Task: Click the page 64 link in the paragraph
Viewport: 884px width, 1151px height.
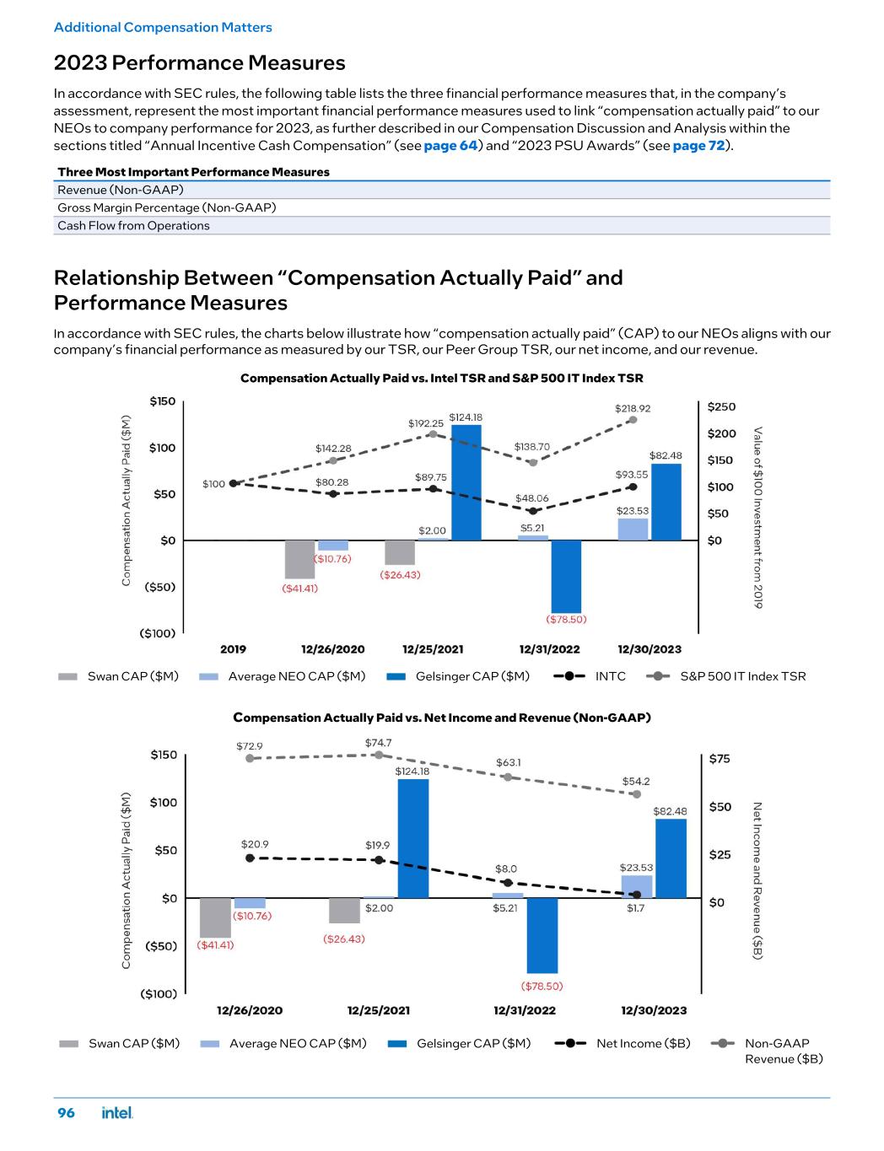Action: pyautogui.click(x=450, y=145)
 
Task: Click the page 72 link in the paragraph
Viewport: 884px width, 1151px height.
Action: pyautogui.click(x=699, y=145)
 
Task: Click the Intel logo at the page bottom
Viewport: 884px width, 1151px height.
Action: pyautogui.click(x=117, y=1113)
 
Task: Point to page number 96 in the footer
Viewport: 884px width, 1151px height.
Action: pyautogui.click(x=66, y=1113)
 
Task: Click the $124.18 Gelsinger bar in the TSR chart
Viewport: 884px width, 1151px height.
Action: pyautogui.click(x=466, y=482)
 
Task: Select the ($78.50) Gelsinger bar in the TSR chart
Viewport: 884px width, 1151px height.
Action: pyautogui.click(x=566, y=576)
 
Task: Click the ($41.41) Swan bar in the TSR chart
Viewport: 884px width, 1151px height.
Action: pyautogui.click(x=299, y=559)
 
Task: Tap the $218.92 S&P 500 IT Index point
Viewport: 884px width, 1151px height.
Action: pyautogui.click(x=633, y=420)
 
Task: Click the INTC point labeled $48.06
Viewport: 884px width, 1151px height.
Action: pyautogui.click(x=532, y=511)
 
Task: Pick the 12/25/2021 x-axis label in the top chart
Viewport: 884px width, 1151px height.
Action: pyautogui.click(x=433, y=649)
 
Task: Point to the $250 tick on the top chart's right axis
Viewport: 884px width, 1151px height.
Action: pyautogui.click(x=721, y=406)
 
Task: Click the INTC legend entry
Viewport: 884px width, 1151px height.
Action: pyautogui.click(x=590, y=676)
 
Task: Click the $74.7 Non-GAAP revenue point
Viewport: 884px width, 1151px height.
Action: pyautogui.click(x=379, y=755)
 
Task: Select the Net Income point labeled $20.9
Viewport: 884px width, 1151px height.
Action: pyautogui.click(x=250, y=858)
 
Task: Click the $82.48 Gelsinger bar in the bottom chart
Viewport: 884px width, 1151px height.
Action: pyautogui.click(x=671, y=858)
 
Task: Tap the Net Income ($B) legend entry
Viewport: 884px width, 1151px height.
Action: pyautogui.click(x=624, y=1044)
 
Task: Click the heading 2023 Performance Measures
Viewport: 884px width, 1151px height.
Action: pyautogui.click(x=200, y=63)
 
